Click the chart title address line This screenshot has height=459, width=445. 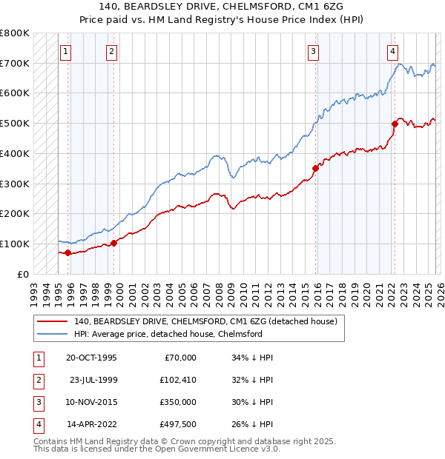coord(222,6)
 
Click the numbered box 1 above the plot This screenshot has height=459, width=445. coord(67,51)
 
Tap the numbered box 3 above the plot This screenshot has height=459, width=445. coord(314,51)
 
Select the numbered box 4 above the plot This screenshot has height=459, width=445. coord(392,51)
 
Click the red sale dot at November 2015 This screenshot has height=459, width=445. coord(315,168)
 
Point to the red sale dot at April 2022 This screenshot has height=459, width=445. coord(395,124)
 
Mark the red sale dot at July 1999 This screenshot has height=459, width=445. coord(113,243)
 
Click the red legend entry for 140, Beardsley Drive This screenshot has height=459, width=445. coord(205,321)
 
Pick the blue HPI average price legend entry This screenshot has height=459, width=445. coord(168,334)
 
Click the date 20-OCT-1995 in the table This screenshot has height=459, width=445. coord(91,358)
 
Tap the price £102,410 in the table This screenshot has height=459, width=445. coord(176,380)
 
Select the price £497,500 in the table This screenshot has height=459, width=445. coord(176,424)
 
